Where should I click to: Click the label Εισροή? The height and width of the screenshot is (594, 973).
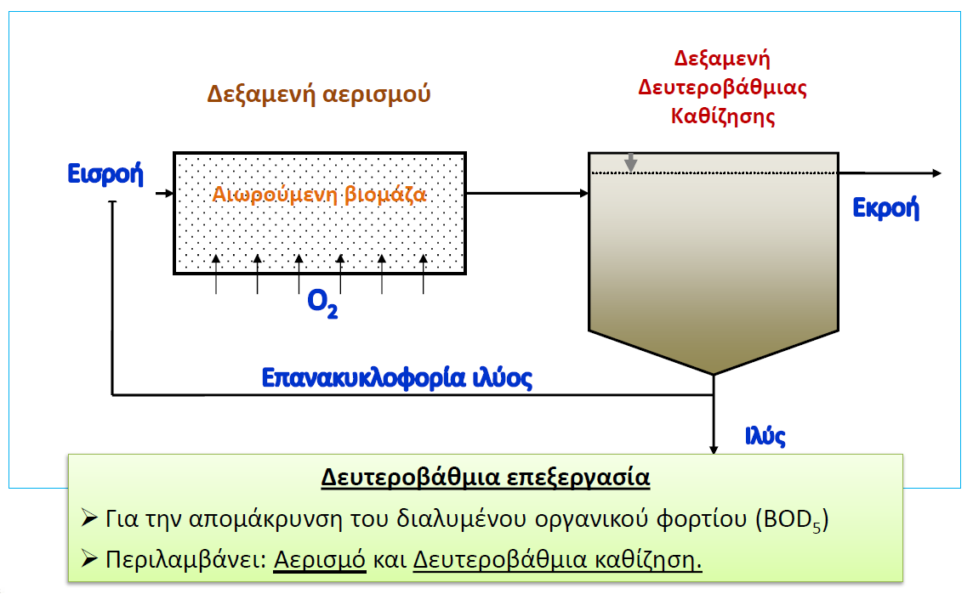(x=105, y=174)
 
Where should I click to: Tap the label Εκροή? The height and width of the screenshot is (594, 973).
(x=885, y=207)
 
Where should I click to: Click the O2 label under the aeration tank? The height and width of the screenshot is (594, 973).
(x=322, y=304)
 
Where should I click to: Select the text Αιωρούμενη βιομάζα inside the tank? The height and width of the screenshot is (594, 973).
(x=319, y=195)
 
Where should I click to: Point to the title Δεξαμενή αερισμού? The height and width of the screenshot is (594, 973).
(x=318, y=93)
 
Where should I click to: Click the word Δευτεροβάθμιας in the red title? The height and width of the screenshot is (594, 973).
(x=722, y=87)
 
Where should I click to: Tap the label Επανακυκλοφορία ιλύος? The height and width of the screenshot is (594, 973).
(x=396, y=377)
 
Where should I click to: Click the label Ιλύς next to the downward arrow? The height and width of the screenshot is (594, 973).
(x=765, y=436)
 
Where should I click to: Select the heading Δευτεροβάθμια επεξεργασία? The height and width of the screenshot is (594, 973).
(x=486, y=478)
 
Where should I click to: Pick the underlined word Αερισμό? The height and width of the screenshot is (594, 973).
(x=320, y=559)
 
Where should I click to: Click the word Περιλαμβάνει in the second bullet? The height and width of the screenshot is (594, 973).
(x=185, y=559)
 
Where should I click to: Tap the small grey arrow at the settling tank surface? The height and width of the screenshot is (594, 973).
(x=630, y=162)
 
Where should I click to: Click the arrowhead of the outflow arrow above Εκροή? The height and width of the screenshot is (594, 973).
(x=937, y=173)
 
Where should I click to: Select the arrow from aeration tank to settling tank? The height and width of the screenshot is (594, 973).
(x=527, y=194)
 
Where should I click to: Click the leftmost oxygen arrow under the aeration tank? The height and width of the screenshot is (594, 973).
(x=216, y=274)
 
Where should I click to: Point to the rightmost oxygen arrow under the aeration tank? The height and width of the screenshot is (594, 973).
(x=424, y=274)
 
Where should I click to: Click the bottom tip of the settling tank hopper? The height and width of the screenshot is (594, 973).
(x=714, y=375)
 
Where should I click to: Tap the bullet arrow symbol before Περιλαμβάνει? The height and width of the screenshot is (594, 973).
(x=89, y=558)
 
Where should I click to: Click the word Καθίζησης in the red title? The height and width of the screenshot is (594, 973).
(x=723, y=116)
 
